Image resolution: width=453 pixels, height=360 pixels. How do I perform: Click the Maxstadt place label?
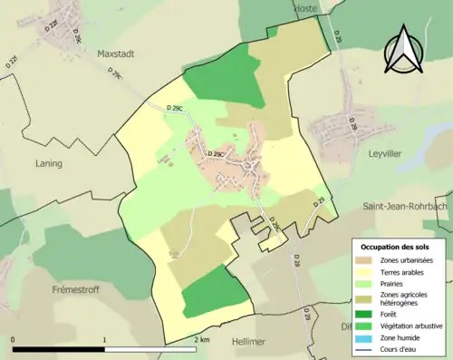115,54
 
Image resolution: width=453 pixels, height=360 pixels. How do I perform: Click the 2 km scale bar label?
201,340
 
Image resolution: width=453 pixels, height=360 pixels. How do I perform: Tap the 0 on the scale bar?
14,340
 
